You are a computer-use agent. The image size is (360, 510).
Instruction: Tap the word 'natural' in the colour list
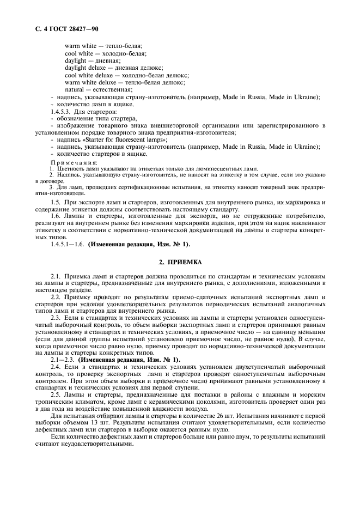click(75, 89)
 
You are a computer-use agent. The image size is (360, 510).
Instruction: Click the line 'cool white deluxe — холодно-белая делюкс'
click(126, 75)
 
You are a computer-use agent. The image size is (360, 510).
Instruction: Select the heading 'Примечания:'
click(74, 162)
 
